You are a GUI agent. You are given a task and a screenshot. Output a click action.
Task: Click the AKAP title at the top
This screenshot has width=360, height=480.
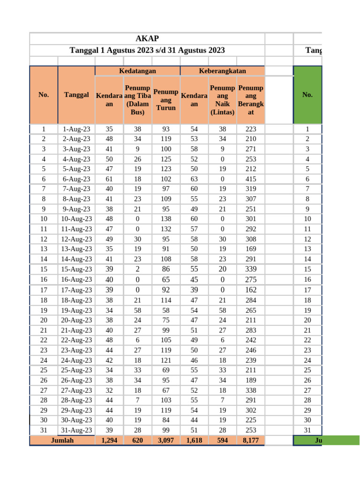(147, 39)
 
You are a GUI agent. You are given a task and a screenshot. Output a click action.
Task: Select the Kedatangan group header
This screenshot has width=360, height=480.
(137, 71)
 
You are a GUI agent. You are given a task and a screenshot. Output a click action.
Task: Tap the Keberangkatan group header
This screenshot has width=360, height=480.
(222, 71)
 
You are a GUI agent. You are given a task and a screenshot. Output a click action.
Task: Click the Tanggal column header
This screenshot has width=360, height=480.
(76, 95)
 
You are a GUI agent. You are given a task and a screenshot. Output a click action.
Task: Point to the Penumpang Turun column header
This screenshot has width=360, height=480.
(166, 100)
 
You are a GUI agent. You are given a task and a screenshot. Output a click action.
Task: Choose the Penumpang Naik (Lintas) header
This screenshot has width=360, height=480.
(222, 100)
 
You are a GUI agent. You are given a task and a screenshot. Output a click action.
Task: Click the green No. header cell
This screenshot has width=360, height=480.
(307, 95)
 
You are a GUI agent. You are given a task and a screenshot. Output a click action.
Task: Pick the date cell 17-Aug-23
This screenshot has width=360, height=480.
(76, 290)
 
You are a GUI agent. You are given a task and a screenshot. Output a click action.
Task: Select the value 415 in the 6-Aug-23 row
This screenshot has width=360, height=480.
(251, 179)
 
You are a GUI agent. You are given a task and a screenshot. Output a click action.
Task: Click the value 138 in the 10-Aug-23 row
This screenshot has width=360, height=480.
(166, 219)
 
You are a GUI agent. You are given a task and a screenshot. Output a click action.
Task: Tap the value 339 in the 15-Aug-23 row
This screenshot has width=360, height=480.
(251, 269)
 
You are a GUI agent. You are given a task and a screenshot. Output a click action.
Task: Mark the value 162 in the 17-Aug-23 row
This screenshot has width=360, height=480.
(251, 290)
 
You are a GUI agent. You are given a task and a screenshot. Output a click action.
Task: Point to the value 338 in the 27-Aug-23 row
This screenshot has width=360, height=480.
(251, 390)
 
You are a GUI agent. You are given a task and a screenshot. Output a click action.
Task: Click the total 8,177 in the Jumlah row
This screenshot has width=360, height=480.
(251, 441)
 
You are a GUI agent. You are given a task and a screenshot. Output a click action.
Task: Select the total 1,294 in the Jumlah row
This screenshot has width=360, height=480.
(109, 441)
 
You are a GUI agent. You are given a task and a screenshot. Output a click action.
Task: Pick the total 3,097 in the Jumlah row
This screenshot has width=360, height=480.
(166, 441)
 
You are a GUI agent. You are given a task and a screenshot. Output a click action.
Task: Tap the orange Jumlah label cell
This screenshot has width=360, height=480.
(62, 441)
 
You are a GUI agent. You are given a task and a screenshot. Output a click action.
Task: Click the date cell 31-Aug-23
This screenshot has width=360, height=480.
(76, 430)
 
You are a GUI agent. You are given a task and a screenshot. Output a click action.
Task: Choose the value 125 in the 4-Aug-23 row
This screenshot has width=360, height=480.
(166, 159)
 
